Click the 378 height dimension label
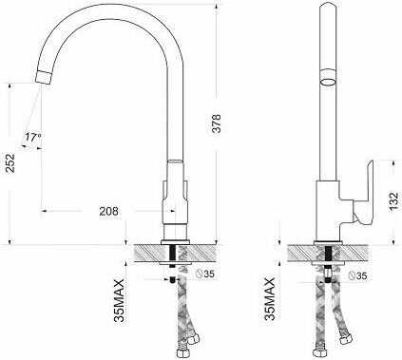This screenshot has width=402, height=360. point(217,123)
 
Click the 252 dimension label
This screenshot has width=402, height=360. point(11,163)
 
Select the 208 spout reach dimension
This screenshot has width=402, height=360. point(108,211)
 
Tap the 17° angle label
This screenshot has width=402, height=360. point(33,137)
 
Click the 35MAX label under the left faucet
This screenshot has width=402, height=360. point(120,300)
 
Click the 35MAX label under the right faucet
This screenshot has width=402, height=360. point(270,298)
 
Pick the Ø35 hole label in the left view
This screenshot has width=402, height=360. point(204,274)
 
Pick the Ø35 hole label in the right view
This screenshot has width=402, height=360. point(357,275)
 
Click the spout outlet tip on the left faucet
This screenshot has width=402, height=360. point(43,78)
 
